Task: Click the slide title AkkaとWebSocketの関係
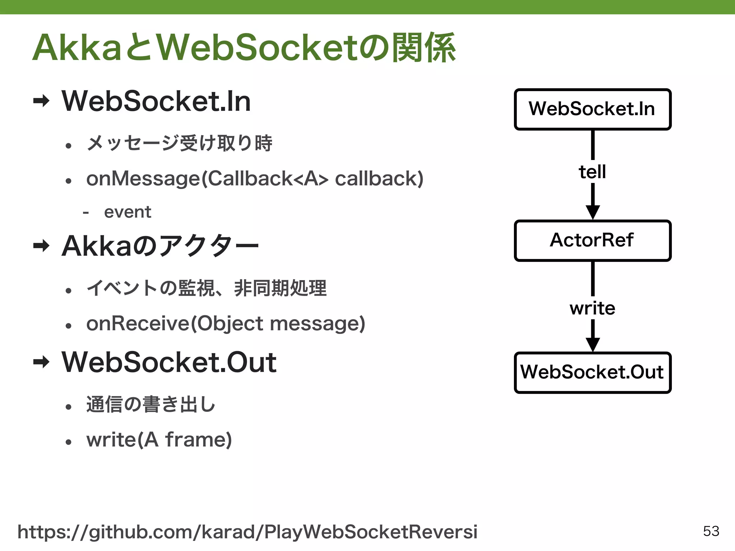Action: (244, 48)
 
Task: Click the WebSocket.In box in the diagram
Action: (592, 109)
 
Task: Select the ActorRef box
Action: (592, 240)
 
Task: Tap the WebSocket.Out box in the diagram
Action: (592, 372)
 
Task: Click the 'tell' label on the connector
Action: (592, 172)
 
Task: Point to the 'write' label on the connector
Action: (592, 308)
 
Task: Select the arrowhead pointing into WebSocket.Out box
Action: (593, 344)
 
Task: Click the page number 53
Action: (711, 531)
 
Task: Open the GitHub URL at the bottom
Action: (248, 532)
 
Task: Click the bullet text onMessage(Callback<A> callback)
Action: (255, 179)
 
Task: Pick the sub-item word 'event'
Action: (127, 212)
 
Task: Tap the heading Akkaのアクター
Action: (160, 246)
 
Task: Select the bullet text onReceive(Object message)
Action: (225, 324)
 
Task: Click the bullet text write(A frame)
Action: (159, 440)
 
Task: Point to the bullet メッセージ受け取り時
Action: (179, 143)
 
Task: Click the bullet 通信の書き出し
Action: (151, 404)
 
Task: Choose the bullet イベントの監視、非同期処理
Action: (206, 288)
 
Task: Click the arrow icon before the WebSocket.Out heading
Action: (41, 362)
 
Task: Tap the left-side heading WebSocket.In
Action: (156, 102)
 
